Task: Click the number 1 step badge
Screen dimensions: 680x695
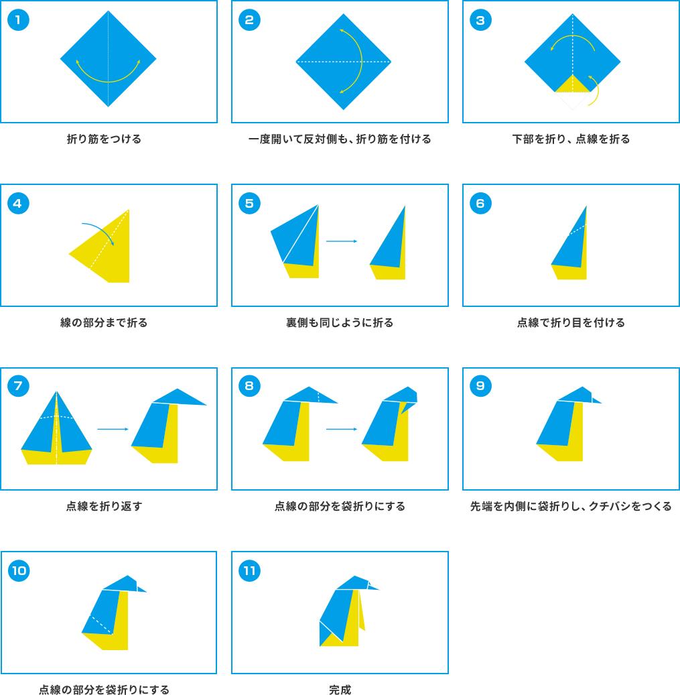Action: (18, 20)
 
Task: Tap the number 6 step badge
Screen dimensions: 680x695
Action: (480, 204)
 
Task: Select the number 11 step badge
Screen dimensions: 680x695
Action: (249, 570)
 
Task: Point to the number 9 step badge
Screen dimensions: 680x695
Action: (480, 385)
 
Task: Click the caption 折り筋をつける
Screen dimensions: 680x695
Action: (104, 139)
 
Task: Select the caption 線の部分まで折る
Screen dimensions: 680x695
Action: (104, 322)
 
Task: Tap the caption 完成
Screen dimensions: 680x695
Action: (340, 689)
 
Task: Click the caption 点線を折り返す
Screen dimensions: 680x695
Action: (104, 506)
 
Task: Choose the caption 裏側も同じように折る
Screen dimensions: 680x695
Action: (340, 322)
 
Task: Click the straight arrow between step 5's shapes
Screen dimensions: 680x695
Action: (342, 241)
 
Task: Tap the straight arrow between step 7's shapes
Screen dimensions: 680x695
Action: (113, 429)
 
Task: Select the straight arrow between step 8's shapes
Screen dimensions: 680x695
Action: (342, 429)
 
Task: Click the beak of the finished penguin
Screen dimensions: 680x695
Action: (373, 587)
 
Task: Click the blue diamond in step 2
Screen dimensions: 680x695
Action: (343, 62)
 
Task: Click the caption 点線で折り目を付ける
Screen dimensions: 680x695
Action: (571, 322)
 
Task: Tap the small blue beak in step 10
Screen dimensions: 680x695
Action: (141, 589)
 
